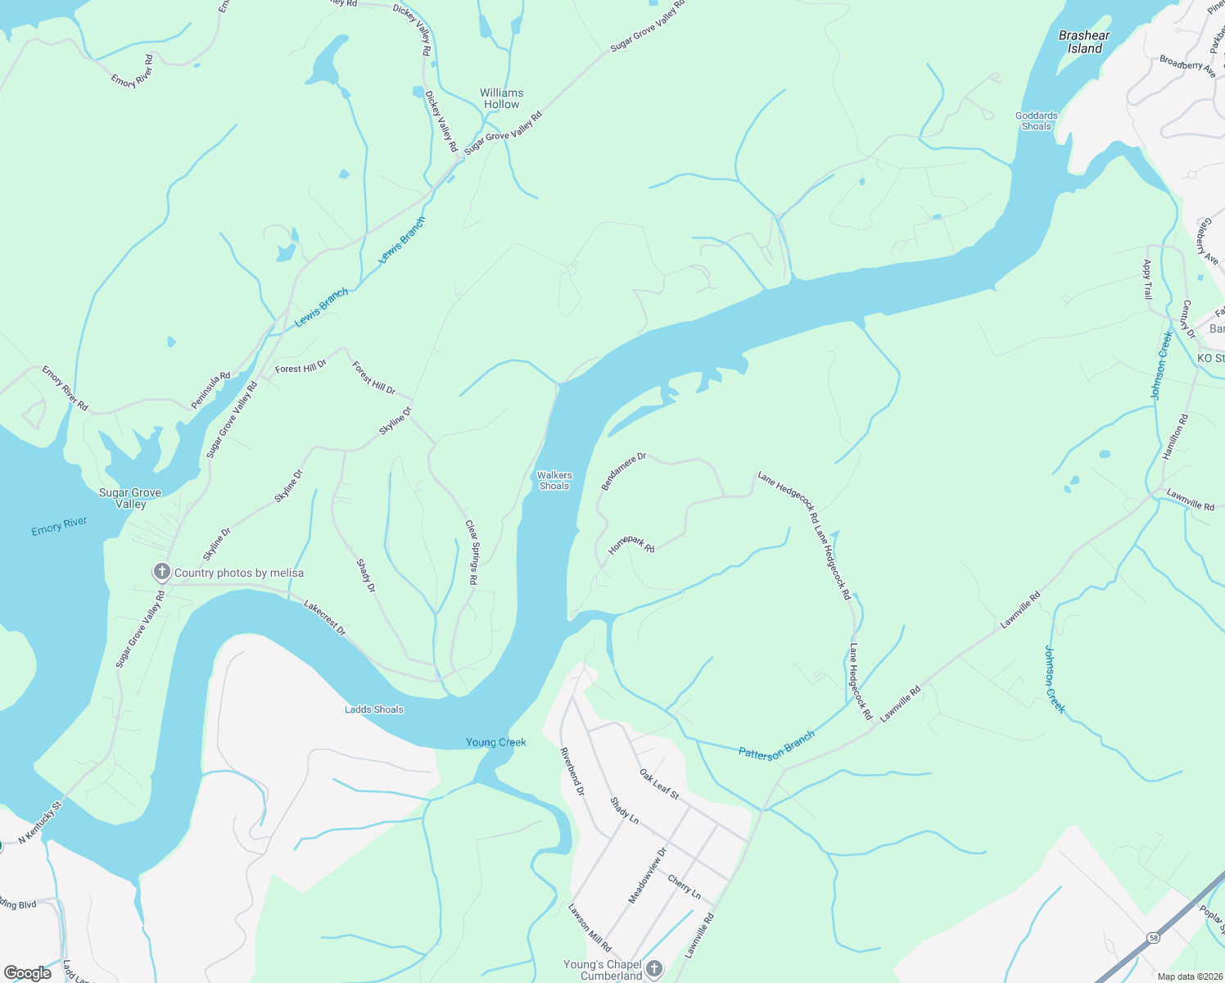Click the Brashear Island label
coord(1084,42)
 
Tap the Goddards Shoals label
coord(1036,121)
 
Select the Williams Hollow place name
coord(501,98)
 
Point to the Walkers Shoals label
coord(554,481)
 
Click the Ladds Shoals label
coord(374,709)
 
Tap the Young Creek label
coord(496,742)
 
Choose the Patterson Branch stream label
coord(776,745)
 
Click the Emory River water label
coord(59,526)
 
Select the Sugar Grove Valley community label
coord(130,498)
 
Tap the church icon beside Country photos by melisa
coord(162,572)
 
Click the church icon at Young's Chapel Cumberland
coord(653,970)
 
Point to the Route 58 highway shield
coord(1153,937)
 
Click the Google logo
coord(27,973)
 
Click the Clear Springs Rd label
coord(471,552)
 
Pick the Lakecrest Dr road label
coord(325,618)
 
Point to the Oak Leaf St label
coord(659,784)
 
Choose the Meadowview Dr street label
coord(648,876)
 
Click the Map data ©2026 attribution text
coord(1188,976)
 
